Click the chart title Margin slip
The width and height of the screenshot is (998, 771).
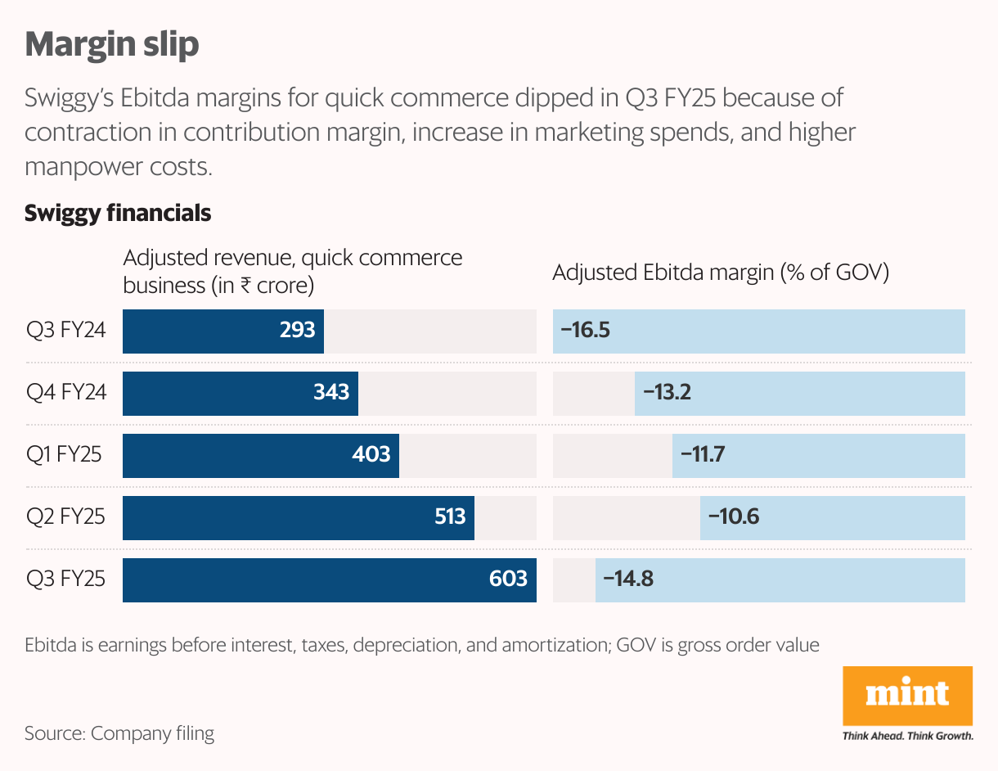coord(112,44)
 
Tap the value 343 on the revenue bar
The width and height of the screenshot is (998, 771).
coord(331,392)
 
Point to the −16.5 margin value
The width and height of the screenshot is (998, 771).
coord(586,331)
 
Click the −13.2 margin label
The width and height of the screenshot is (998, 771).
coord(668,392)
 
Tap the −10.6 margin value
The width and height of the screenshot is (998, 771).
coord(733,516)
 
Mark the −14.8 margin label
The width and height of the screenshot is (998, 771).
coord(628,579)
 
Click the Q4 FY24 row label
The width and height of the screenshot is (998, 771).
coord(66,392)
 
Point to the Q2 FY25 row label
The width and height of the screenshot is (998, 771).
coord(65,516)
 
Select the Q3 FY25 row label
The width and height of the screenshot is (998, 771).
coord(65,579)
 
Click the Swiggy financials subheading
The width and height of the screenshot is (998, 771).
coord(118,214)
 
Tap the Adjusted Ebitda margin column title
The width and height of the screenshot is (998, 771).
coord(721,273)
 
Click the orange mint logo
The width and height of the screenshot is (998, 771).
coord(907,695)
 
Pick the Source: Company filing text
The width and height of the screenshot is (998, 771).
coord(119,733)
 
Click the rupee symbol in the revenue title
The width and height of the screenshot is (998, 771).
coord(243,286)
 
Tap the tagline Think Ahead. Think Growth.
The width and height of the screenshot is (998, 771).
coord(907,736)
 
